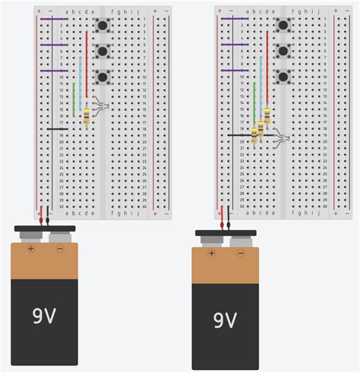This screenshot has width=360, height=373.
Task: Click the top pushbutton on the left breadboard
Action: pos(103,26)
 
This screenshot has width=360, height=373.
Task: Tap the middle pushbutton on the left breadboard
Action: pos(103,51)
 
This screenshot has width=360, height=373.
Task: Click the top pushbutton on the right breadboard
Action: pos(283,26)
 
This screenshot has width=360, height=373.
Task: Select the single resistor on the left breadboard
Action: pos(87,116)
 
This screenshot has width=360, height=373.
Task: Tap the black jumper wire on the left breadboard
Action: pos(57,128)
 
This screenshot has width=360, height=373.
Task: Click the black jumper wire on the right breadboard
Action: pos(239,134)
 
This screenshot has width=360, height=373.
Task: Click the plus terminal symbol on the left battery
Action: pos(31,248)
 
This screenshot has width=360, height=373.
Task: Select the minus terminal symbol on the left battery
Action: pos(57,248)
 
